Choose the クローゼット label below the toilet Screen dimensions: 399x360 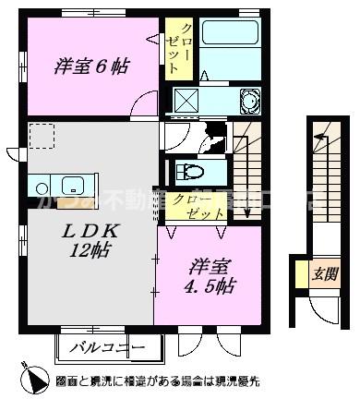click(191, 205)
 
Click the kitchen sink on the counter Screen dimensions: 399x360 click(69, 181)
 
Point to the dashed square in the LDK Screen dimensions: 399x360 click(42, 137)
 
